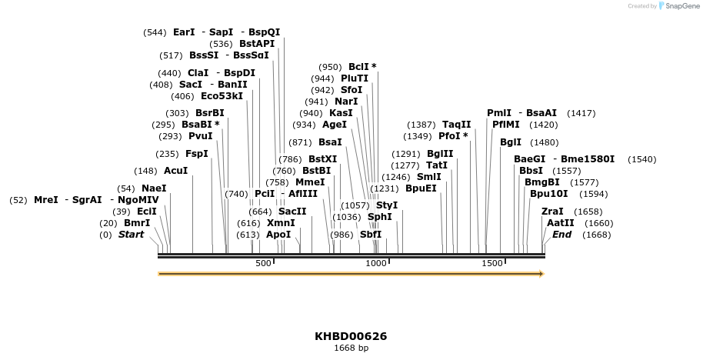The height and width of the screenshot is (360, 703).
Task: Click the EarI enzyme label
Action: pos(184,32)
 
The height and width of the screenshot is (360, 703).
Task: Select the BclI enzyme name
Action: pos(359,67)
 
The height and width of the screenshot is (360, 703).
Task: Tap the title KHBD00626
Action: pos(351,336)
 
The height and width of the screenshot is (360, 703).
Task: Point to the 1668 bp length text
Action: pos(351,348)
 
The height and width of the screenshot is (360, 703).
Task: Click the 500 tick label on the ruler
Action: pos(263,263)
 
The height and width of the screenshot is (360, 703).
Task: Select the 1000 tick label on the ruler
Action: pos(375,263)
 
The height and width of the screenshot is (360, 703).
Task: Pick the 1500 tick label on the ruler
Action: pos(491,263)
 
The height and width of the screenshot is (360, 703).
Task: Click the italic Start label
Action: pos(131,235)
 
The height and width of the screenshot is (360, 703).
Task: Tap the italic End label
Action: pos(561,235)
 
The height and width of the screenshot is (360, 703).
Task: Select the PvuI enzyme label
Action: pos(200,136)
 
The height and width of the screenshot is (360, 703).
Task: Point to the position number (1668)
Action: pos(597,235)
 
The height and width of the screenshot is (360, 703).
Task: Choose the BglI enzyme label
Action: pos(511,142)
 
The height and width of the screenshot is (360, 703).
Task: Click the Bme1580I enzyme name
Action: pos(588,159)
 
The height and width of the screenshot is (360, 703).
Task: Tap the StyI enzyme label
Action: pos(387,205)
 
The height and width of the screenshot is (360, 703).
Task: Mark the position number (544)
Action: pos(155,32)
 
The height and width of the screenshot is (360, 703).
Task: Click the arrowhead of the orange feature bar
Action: pos(541,274)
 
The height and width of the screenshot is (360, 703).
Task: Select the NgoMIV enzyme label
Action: pos(138,200)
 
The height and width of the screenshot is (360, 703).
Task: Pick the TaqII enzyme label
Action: pos(456,125)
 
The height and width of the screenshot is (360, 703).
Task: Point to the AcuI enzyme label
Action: pos(175,171)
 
